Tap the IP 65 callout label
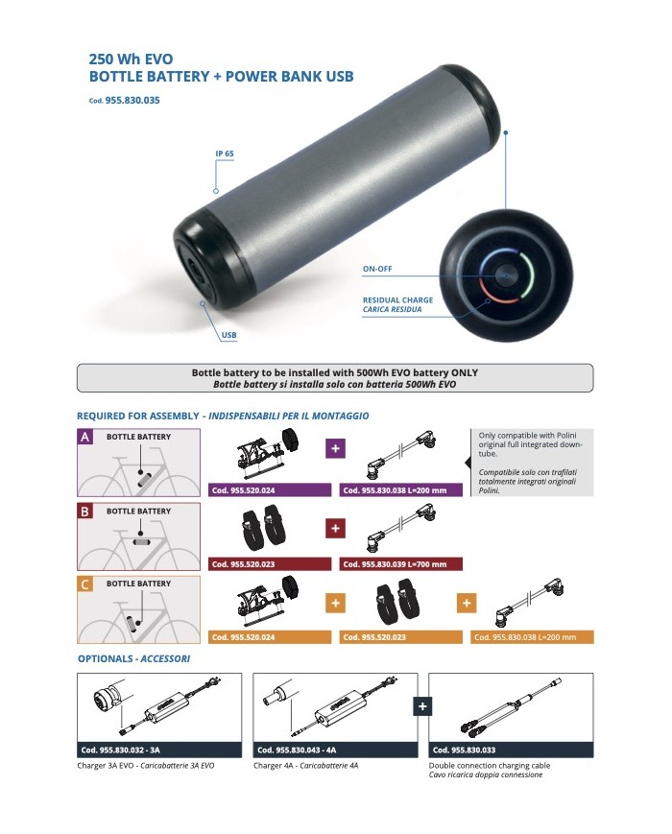(x=226, y=154)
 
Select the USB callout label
(x=228, y=335)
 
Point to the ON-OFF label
(x=377, y=270)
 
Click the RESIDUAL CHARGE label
(x=397, y=300)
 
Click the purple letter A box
(x=85, y=438)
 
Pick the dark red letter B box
(x=85, y=512)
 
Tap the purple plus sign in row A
(x=335, y=448)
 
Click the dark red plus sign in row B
(x=335, y=528)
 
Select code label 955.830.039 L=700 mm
(x=400, y=564)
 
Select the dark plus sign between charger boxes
(x=420, y=706)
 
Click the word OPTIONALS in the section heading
(x=106, y=659)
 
